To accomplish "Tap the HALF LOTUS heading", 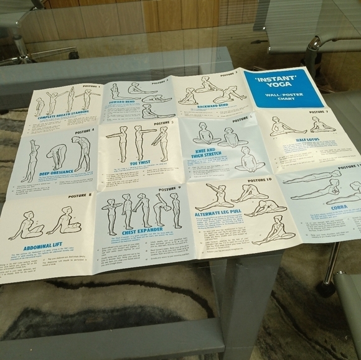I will click(307, 141).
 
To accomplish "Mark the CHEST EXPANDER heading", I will click(142, 232).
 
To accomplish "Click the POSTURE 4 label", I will click(83, 131).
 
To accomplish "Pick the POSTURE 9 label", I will click(169, 188).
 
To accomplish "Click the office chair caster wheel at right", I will click(327, 287).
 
